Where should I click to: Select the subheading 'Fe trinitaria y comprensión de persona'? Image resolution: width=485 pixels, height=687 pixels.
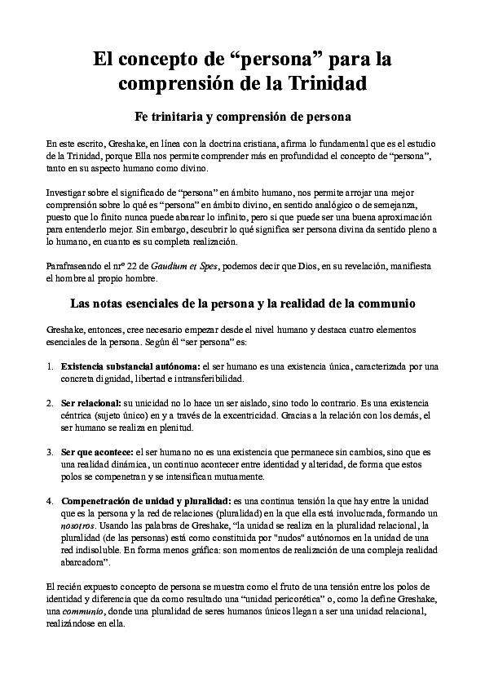point(242,115)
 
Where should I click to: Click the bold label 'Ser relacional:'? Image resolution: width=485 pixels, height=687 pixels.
point(90,403)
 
